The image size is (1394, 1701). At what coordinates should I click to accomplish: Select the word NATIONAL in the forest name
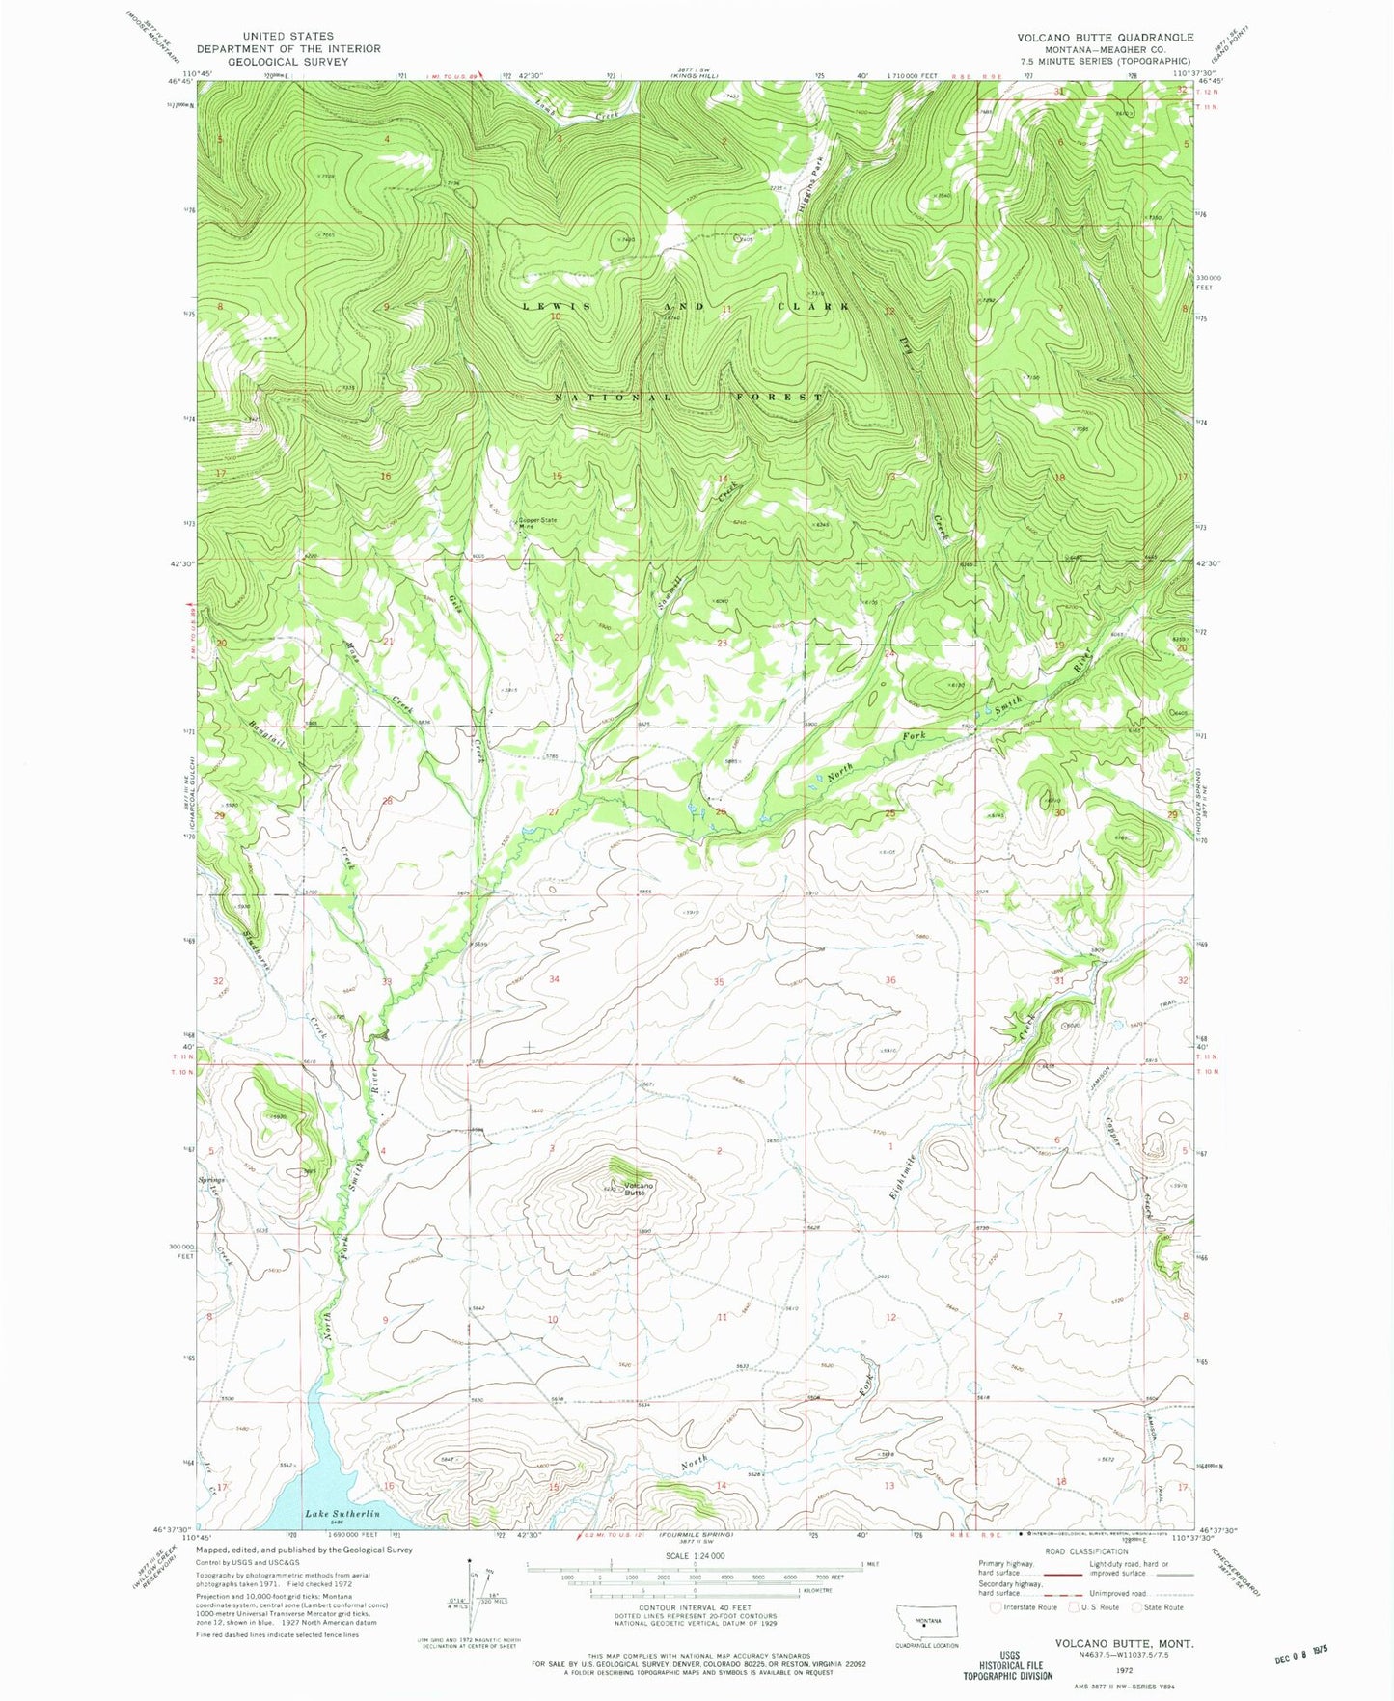point(614,398)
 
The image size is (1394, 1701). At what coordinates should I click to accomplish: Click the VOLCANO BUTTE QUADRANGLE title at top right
point(1105,37)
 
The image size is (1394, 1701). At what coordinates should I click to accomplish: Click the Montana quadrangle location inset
point(927,1624)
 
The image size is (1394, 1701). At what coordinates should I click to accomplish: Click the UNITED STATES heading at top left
point(287,36)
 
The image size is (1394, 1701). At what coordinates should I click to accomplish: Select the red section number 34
point(554,979)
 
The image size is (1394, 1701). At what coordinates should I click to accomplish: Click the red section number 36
point(889,980)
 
